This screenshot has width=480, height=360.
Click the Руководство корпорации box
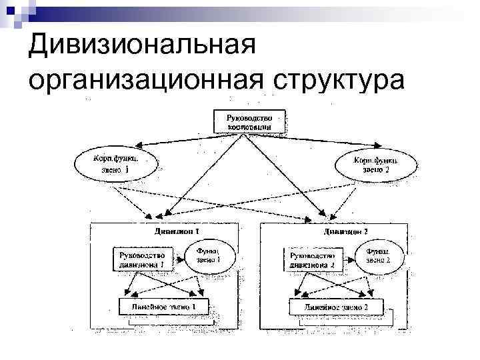pos(249,121)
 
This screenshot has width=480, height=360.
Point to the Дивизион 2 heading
pos(345,231)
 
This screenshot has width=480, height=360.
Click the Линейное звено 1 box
pos(163,307)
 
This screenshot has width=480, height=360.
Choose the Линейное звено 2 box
pos(337,307)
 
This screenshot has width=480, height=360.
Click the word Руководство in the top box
pos(249,117)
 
